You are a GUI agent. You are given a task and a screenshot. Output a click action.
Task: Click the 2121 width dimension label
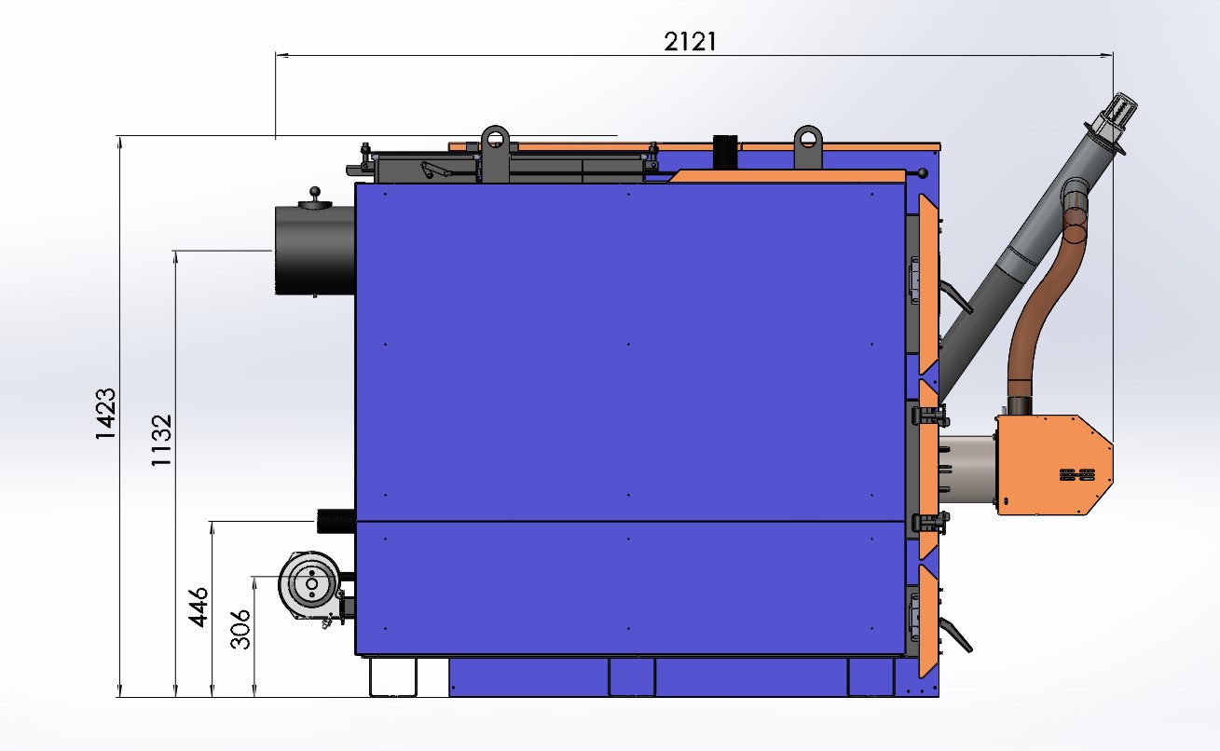tap(690, 41)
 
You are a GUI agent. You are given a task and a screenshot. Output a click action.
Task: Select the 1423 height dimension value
tap(105, 414)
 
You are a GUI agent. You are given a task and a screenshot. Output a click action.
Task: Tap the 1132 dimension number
tap(161, 441)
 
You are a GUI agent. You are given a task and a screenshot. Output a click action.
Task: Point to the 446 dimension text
tap(198, 608)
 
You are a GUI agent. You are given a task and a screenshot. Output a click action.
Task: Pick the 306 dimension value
tap(240, 629)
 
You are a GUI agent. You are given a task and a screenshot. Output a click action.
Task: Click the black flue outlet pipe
tap(314, 251)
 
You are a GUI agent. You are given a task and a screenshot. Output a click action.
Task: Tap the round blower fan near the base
tap(311, 584)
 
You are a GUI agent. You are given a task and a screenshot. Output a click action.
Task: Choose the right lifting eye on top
tap(808, 146)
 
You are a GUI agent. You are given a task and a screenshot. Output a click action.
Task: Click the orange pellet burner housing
tap(1053, 465)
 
